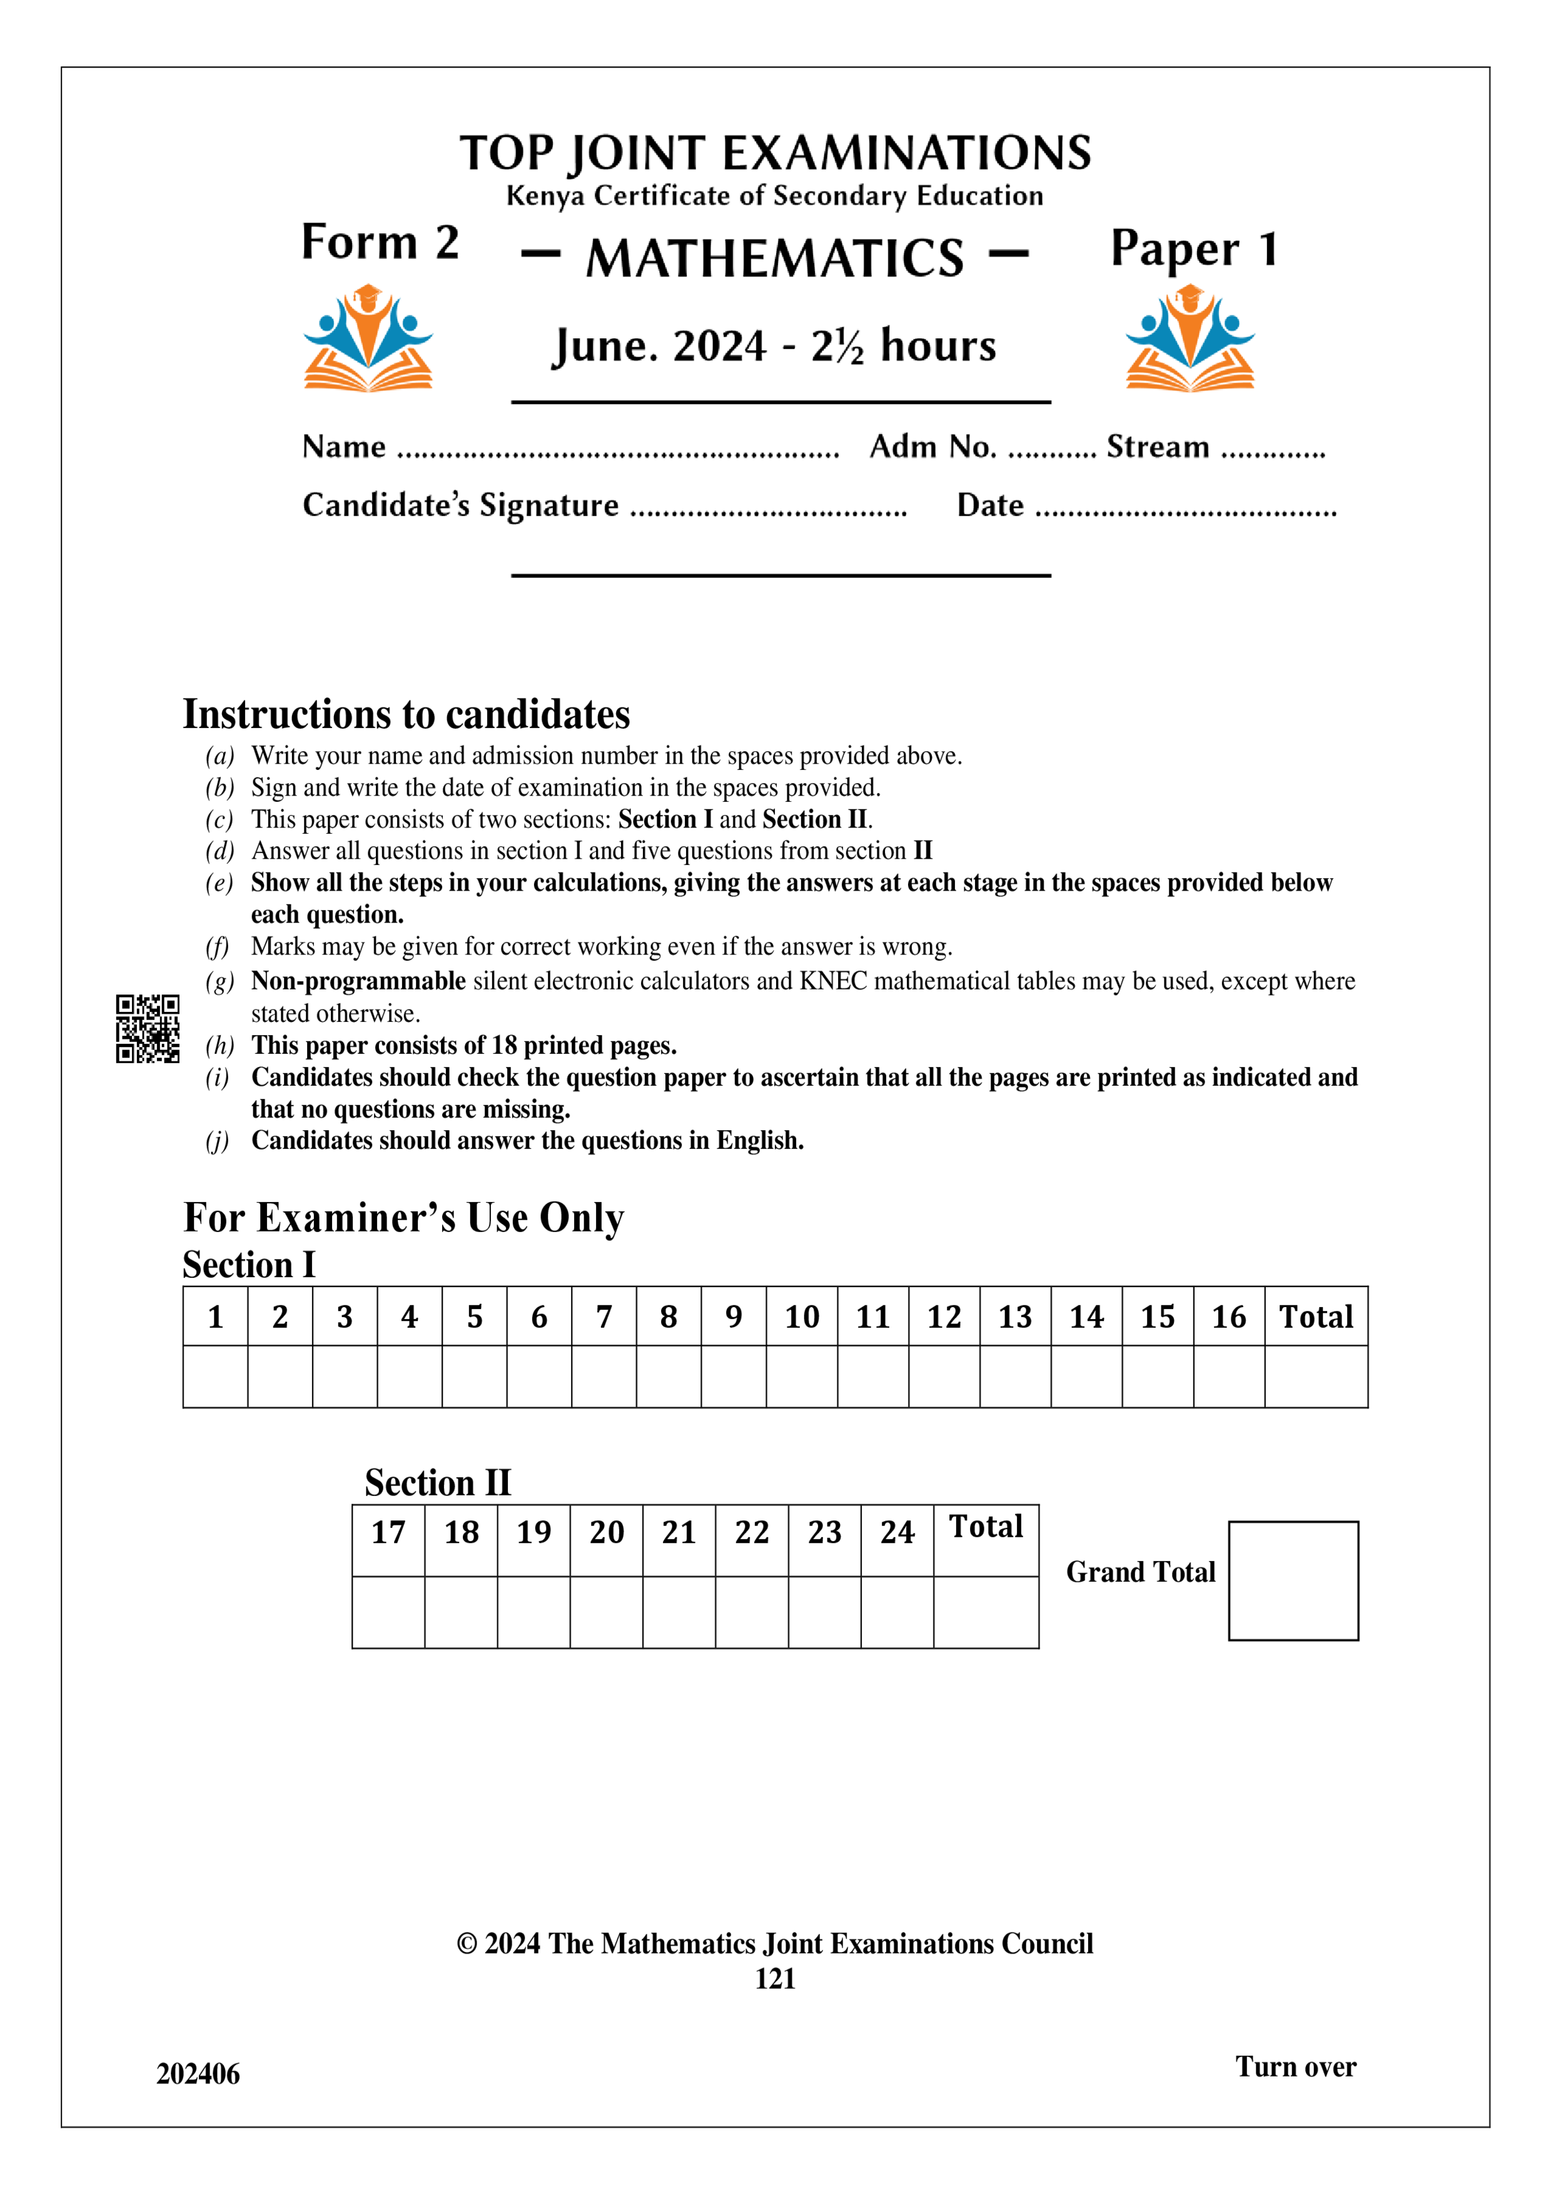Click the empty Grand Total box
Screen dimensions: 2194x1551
[1293, 1580]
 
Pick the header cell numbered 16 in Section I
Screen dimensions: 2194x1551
[1228, 1317]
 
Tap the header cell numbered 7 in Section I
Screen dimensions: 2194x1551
[604, 1317]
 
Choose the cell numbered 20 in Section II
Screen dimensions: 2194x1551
[606, 1532]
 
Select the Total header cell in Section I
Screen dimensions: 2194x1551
[1316, 1317]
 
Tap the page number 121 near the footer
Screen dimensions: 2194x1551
[775, 1978]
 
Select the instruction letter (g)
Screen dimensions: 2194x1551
[219, 981]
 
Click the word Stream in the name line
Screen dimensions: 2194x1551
[1157, 447]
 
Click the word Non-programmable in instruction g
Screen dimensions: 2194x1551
[358, 981]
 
